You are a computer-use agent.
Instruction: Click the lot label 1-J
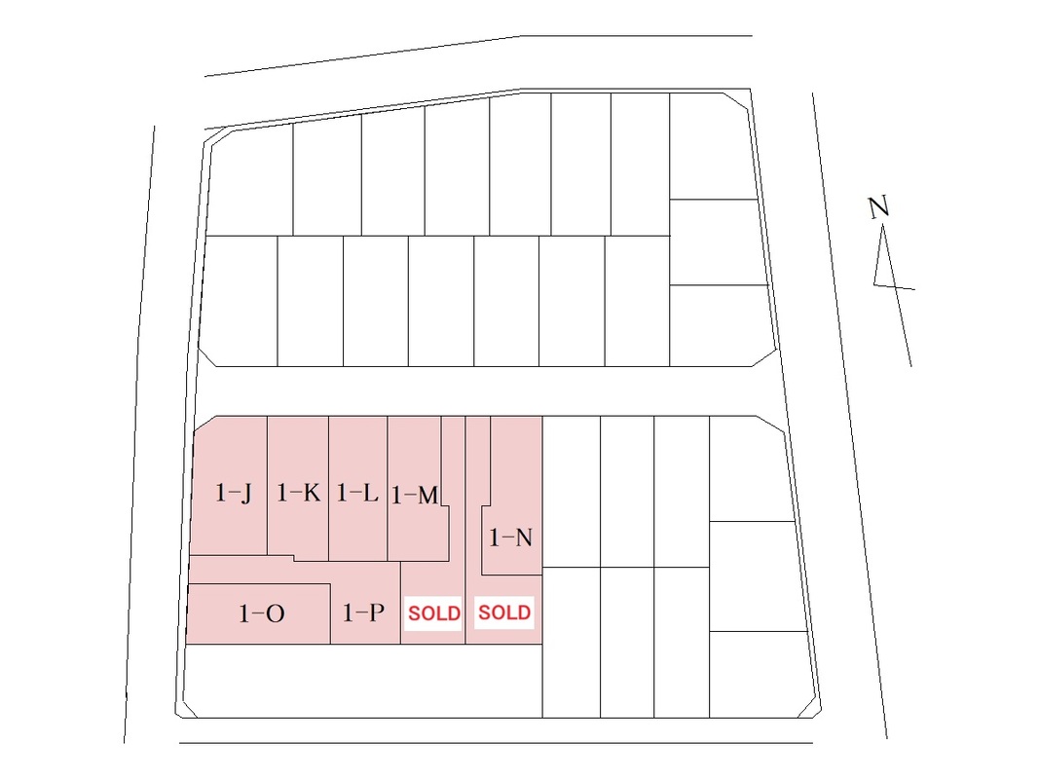click(234, 494)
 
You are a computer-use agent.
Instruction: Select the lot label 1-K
click(298, 494)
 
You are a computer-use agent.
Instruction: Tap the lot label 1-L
click(356, 494)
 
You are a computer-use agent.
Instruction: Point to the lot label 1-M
click(414, 497)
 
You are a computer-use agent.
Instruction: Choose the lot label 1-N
click(510, 537)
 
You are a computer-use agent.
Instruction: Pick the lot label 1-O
click(261, 614)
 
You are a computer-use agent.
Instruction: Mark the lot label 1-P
click(364, 613)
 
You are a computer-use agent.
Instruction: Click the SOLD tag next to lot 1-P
click(433, 614)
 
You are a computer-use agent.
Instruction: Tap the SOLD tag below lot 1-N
click(504, 612)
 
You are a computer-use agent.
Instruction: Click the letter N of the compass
click(879, 206)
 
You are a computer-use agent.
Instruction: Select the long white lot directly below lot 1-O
click(360, 681)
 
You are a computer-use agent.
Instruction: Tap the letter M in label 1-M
click(426, 497)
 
